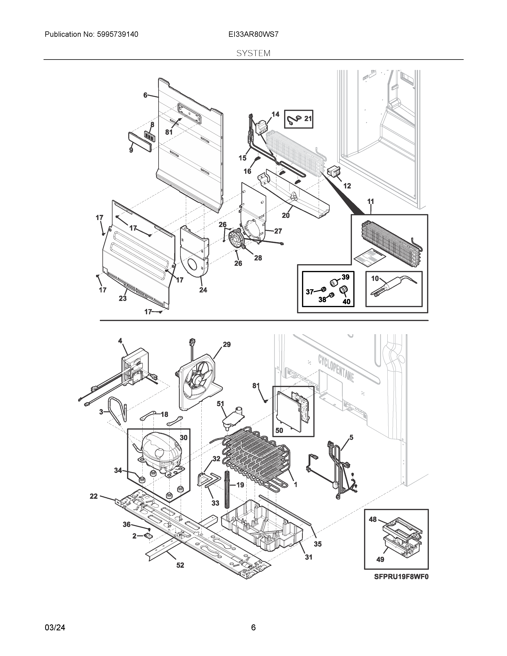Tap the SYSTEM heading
coord(253,53)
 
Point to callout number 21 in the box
coord(308,119)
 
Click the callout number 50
coord(279,430)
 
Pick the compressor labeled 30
coord(159,454)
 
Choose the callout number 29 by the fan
coord(227,344)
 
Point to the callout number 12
coord(347,186)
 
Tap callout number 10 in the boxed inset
coord(375,279)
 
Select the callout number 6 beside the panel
coord(145,95)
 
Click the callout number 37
coord(310,291)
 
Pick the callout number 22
coord(94,496)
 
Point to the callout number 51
coord(220,404)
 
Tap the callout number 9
coord(131,150)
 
